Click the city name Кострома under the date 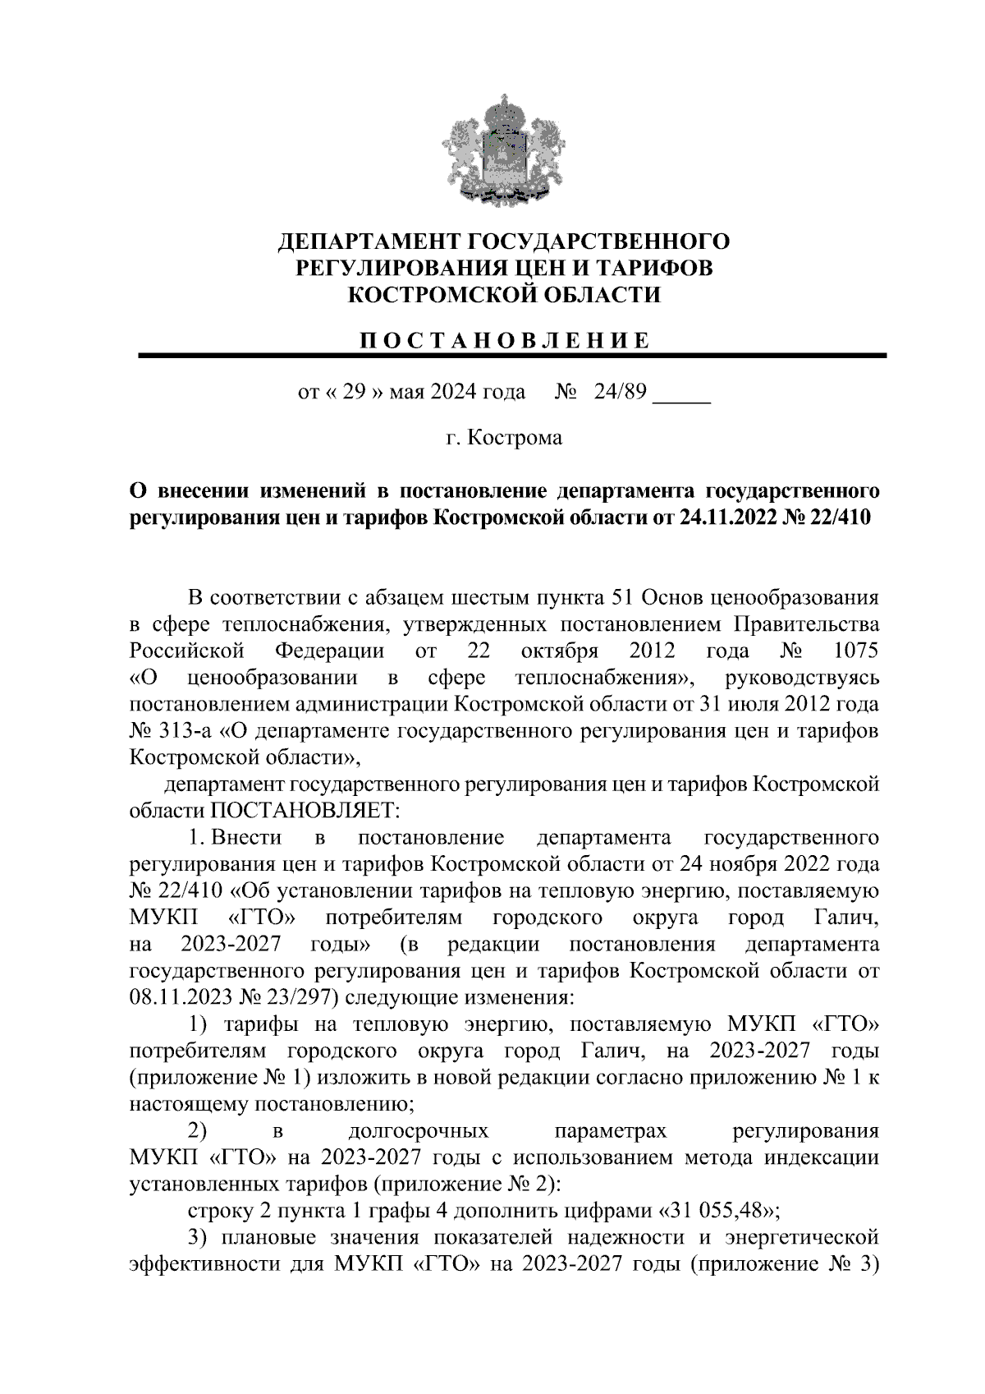click(x=515, y=437)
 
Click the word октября click(x=560, y=651)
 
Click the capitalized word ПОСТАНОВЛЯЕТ click(x=305, y=810)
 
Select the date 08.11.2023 click(x=179, y=998)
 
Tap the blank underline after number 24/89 click(x=681, y=398)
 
